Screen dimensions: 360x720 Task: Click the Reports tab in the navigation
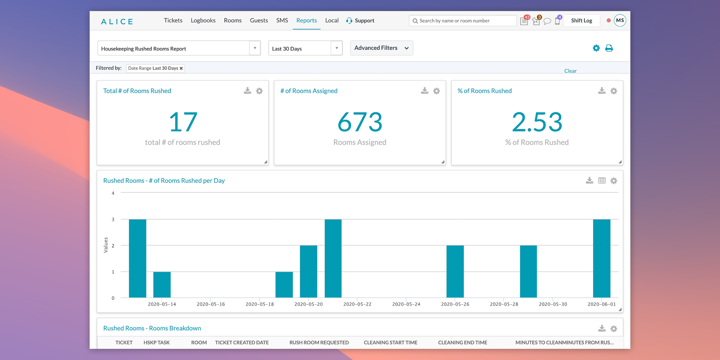coord(306,21)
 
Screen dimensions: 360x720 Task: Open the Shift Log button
coord(581,21)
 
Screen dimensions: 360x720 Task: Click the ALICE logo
coord(117,22)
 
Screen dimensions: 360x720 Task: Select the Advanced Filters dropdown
coord(381,48)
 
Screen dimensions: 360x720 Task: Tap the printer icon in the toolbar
coord(609,48)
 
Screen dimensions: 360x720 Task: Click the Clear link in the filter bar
coord(570,71)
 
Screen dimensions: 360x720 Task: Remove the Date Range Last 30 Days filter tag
coord(181,68)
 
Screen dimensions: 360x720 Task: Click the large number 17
coord(183,122)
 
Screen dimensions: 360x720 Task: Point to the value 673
coord(360,122)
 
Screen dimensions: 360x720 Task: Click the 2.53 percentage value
coord(537,122)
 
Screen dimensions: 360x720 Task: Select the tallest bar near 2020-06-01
coord(602,258)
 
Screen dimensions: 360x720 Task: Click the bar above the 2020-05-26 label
coord(455,271)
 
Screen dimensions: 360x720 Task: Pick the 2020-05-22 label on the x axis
coord(357,304)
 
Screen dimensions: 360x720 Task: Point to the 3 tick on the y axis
coord(113,219)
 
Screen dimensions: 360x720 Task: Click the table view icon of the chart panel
coord(602,181)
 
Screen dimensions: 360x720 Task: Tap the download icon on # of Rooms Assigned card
coord(425,91)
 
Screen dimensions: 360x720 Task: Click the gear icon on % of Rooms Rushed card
coord(614,91)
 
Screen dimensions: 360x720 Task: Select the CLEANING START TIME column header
coord(391,342)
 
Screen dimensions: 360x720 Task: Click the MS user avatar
coord(620,21)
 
